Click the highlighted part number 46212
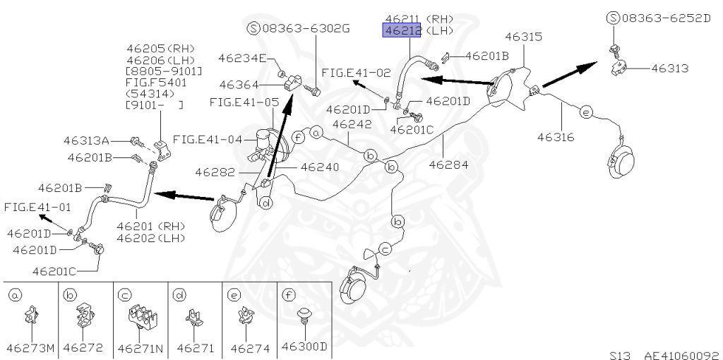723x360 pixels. (402, 30)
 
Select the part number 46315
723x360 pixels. (522, 36)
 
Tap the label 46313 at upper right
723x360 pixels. (669, 68)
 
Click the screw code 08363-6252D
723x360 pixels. (666, 17)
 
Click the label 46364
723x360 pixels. (239, 85)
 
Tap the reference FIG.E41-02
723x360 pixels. (356, 73)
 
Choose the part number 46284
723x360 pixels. (449, 164)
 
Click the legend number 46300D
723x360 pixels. (304, 347)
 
